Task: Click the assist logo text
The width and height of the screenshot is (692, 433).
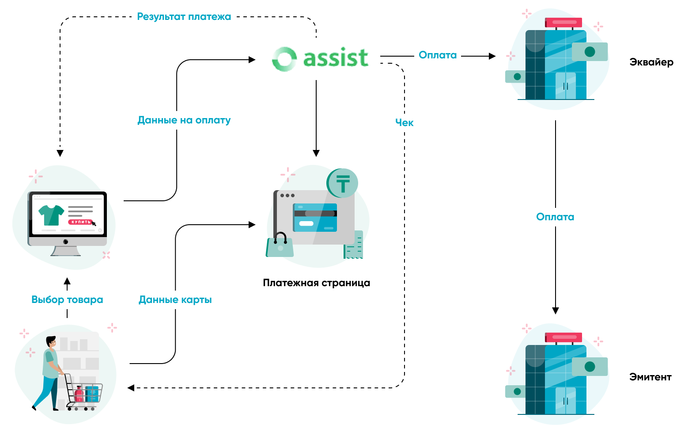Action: point(336,58)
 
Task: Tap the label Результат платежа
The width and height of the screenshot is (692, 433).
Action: point(184,17)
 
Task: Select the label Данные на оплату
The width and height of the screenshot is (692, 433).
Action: point(184,120)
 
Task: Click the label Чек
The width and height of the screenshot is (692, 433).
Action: point(404,123)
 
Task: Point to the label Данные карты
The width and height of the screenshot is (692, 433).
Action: point(175,300)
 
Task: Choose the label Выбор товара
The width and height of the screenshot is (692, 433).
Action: point(67,300)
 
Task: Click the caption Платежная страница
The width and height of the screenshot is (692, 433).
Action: point(316,283)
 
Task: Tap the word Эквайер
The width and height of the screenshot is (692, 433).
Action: point(651,62)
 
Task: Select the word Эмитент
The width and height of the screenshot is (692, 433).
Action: point(650,377)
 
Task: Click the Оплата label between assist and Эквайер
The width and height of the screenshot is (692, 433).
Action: point(437,55)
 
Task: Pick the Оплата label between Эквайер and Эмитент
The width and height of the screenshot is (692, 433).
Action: point(555,217)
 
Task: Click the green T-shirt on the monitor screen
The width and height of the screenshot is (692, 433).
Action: point(51,215)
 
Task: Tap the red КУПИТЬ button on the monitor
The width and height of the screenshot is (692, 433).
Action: point(80,222)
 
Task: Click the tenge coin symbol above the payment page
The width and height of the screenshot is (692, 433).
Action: point(343,183)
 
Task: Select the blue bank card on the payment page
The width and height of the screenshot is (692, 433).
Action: point(315,218)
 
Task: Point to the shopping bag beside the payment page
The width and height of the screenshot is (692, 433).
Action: point(280,246)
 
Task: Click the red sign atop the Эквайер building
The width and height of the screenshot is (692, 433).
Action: point(563,22)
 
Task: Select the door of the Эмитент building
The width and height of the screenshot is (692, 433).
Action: point(565,401)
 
